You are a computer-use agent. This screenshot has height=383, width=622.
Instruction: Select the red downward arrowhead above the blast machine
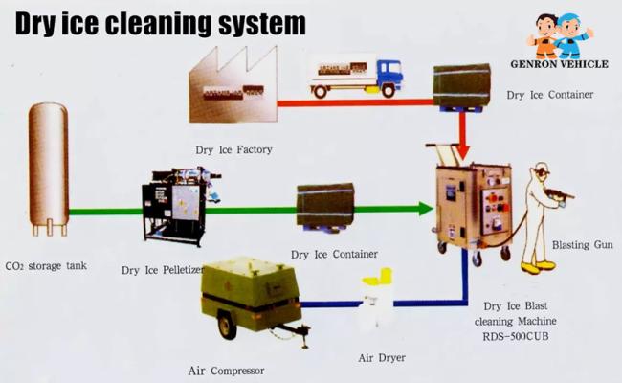coord(462,151)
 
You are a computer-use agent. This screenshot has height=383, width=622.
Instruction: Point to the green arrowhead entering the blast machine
coord(425,209)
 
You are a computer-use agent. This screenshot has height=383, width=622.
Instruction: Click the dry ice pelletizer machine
coord(180,207)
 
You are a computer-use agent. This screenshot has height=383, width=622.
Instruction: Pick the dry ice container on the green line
coord(325,207)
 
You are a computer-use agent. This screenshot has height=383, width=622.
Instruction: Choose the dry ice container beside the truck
coord(462,86)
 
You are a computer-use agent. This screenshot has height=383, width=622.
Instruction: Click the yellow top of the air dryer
coord(377,276)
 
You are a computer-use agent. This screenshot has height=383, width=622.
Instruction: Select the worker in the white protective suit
coord(544,217)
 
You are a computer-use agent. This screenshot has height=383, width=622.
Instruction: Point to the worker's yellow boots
coord(538,267)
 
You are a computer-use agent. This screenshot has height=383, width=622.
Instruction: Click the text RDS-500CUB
coord(516,337)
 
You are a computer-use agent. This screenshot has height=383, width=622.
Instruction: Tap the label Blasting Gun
coord(583,245)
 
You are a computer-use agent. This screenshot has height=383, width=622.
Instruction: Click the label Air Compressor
coord(226,372)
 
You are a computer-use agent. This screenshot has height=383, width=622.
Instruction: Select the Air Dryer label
coord(382,358)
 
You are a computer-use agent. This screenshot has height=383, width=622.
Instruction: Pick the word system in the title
coord(262,24)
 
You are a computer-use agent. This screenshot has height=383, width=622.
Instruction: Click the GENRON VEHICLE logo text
coord(560,64)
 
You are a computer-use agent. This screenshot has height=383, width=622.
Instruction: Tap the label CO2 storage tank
coord(46,266)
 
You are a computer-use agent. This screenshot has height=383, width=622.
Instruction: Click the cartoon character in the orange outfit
coord(543,36)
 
